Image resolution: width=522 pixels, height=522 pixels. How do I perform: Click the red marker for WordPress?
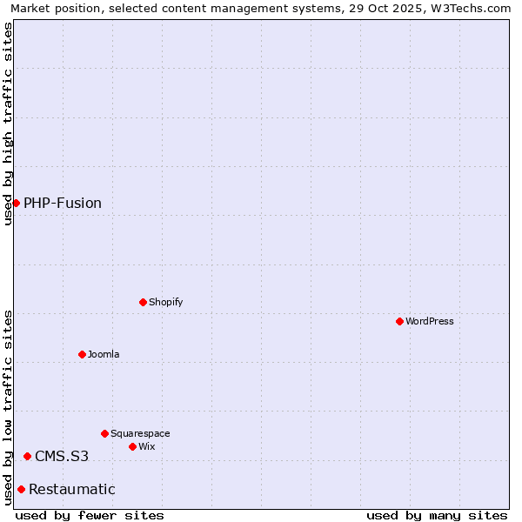tap(399, 321)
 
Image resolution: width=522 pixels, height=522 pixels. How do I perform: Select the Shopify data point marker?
tap(143, 302)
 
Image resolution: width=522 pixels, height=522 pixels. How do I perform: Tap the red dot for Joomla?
tap(82, 354)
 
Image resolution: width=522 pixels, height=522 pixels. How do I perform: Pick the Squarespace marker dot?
tap(104, 433)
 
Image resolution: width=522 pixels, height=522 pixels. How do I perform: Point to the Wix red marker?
tap(132, 446)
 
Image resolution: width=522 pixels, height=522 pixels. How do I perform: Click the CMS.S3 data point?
tap(27, 456)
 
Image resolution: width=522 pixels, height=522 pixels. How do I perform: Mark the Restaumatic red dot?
tap(21, 489)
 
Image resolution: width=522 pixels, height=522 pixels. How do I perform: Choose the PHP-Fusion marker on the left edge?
tap(16, 203)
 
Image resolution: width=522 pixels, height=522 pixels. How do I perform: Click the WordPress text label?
tap(430, 321)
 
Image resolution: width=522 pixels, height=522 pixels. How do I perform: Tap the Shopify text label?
tap(166, 302)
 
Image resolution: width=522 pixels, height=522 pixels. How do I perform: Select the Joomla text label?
tap(104, 354)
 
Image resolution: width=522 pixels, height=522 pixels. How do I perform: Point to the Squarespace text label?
tap(140, 433)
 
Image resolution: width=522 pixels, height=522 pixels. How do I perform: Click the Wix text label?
tap(147, 446)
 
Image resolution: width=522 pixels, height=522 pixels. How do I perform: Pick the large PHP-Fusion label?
tap(63, 203)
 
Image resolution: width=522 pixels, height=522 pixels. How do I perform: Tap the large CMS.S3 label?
tap(62, 456)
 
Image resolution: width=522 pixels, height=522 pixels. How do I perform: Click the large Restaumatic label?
tap(72, 489)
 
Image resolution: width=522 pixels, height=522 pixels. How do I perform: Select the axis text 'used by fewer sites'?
tap(90, 515)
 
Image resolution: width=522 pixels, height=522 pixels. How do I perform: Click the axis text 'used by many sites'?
tap(437, 515)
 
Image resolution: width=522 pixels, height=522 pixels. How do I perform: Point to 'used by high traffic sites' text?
tap(8, 124)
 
